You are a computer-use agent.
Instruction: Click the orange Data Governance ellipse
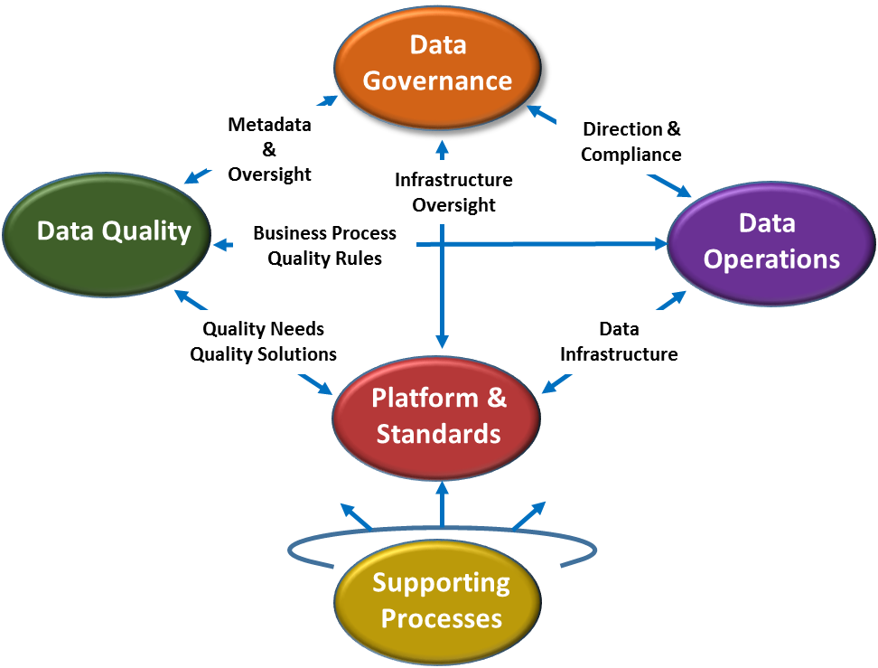(437, 63)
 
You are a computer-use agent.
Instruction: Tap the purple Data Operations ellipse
(771, 241)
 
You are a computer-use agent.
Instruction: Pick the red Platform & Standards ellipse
(437, 416)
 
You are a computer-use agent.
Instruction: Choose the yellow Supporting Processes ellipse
(439, 600)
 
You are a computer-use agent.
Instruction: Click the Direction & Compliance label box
(630, 142)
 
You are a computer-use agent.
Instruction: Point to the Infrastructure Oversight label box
(453, 193)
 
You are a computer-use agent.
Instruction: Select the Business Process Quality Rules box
(324, 245)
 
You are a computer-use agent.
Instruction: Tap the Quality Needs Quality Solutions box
(263, 342)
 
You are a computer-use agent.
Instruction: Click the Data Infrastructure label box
(619, 342)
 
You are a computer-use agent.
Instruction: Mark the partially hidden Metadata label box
(268, 137)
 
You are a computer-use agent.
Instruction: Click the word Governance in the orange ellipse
(437, 80)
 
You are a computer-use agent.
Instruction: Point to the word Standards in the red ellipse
(438, 434)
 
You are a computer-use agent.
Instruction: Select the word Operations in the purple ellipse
(771, 259)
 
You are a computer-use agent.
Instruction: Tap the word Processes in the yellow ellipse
(441, 618)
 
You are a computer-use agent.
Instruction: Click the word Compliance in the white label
(630, 155)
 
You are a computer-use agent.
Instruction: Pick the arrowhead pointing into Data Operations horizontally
(658, 244)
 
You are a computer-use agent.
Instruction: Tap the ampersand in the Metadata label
(269, 149)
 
